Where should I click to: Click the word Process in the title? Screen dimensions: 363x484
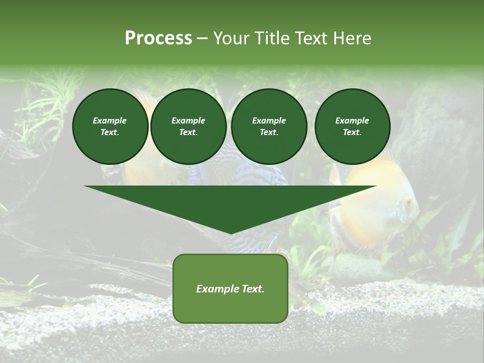(x=158, y=38)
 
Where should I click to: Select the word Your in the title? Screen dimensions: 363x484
(x=230, y=38)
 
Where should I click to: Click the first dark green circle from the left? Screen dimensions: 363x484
(x=110, y=127)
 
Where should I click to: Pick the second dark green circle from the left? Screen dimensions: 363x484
(x=188, y=127)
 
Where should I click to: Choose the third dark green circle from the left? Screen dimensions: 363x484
(x=269, y=127)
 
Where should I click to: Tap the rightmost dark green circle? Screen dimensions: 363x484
(x=352, y=127)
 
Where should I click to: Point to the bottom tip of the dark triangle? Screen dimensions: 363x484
(x=230, y=234)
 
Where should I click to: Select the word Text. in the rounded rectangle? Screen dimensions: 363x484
(x=253, y=289)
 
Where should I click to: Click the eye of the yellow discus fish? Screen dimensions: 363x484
(x=408, y=203)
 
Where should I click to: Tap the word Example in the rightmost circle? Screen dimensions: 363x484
(x=352, y=120)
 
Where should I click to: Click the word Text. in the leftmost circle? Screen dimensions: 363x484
(x=110, y=133)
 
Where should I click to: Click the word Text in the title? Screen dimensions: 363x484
(x=309, y=38)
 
